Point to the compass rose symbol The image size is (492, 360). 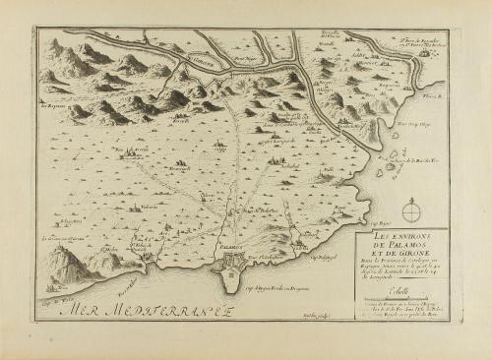411,209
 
